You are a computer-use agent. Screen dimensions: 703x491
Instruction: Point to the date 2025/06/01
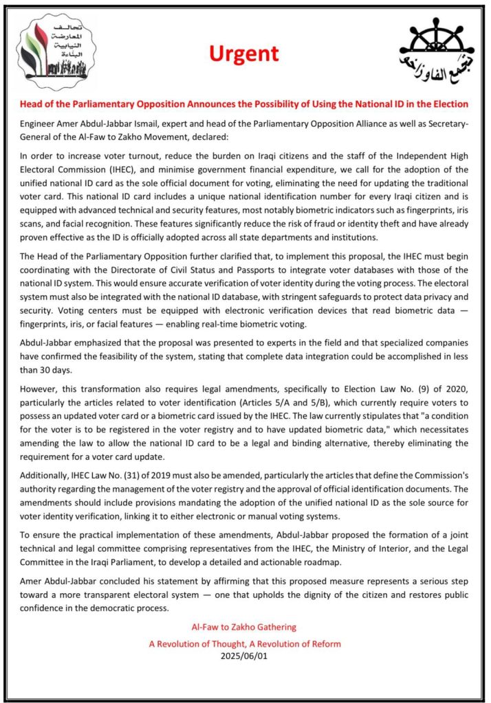pos(245,656)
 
